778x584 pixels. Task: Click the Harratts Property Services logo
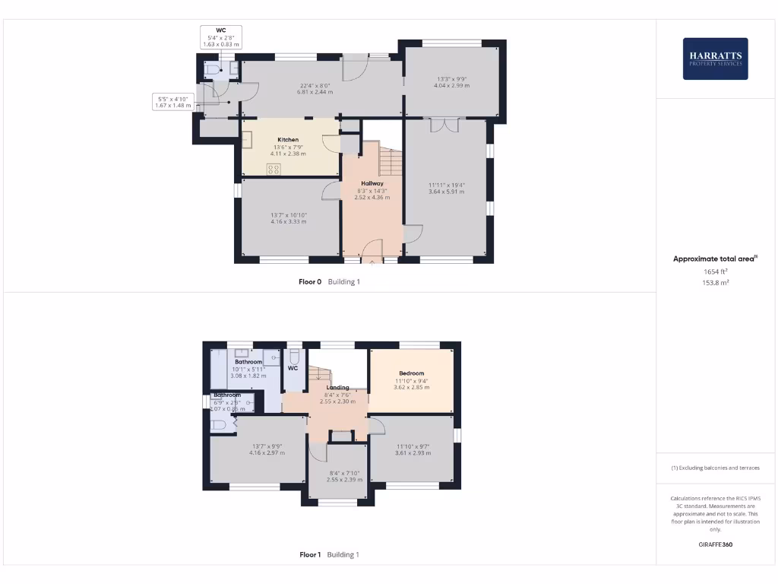point(715,59)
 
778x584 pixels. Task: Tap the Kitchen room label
point(288,140)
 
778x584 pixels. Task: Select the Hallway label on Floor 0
point(372,183)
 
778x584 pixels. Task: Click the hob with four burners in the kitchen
point(274,169)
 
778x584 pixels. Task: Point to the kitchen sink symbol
point(247,139)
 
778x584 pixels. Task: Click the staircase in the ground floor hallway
point(389,160)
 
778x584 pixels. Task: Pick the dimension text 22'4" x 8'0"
point(315,85)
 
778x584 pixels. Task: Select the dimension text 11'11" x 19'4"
point(445,185)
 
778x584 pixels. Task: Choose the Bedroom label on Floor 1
point(411,373)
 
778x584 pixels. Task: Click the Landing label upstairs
point(338,387)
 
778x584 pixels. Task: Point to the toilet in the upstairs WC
point(295,356)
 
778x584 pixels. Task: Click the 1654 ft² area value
point(714,271)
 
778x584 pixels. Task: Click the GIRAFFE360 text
point(714,544)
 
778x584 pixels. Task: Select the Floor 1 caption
point(310,554)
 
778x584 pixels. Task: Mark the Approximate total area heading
point(714,259)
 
